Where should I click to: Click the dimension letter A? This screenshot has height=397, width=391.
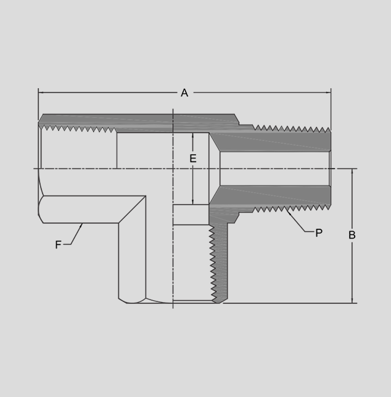pyautogui.click(x=184, y=92)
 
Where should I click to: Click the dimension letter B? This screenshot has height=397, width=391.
pyautogui.click(x=352, y=235)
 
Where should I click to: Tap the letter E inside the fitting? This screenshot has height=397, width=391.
pyautogui.click(x=192, y=158)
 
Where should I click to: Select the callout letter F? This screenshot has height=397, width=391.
pyautogui.click(x=58, y=245)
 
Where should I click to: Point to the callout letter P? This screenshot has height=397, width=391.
pyautogui.click(x=319, y=232)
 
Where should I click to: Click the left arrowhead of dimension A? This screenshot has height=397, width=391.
pyautogui.click(x=41, y=92)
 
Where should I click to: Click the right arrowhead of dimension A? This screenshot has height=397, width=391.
pyautogui.click(x=328, y=92)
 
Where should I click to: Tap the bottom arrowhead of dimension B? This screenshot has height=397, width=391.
pyautogui.click(x=352, y=300)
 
